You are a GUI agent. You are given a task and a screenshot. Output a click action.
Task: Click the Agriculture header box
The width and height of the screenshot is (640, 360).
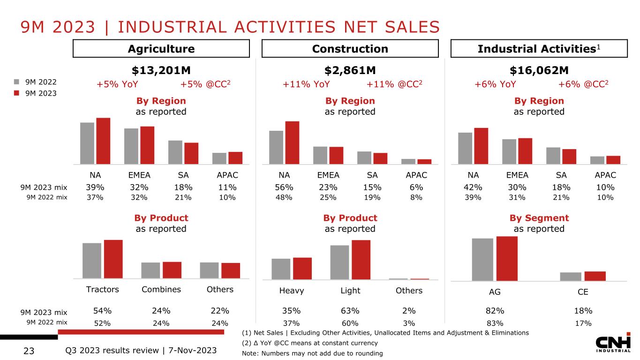point(161,49)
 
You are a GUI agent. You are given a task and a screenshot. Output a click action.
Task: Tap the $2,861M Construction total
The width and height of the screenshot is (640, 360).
point(350,70)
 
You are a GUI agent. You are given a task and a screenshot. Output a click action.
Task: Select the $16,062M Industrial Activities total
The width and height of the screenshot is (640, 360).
point(539,70)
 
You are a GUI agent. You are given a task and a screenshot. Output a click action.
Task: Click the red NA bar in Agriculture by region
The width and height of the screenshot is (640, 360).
point(103,141)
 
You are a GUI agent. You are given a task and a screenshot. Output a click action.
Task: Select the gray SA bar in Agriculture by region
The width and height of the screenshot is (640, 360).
point(175,152)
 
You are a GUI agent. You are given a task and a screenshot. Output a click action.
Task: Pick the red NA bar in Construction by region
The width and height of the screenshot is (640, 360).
point(292,143)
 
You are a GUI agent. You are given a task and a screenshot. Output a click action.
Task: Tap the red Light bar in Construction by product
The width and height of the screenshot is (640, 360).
point(361,260)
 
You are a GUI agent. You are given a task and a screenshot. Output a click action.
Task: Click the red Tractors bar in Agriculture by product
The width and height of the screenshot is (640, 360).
point(113,259)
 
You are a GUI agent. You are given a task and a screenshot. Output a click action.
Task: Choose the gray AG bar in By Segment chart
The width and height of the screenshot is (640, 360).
point(482,259)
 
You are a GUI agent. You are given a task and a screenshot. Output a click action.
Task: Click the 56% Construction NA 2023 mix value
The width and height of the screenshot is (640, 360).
point(284,187)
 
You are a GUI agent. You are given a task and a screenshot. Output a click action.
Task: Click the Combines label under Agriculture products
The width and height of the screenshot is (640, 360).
point(161,289)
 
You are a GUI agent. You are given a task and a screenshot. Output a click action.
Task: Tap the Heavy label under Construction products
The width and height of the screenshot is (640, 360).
point(292,291)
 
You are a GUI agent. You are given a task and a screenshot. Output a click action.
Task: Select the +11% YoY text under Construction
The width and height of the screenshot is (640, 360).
point(306,84)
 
